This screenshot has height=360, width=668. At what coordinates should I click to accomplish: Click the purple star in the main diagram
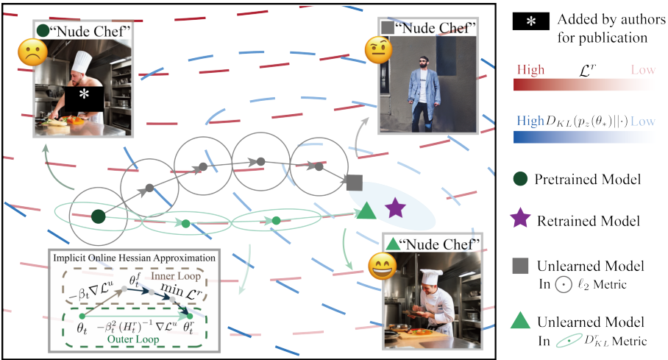click(395, 208)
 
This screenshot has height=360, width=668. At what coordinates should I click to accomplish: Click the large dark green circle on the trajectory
click(99, 216)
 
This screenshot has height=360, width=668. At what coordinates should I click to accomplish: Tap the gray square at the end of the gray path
click(355, 183)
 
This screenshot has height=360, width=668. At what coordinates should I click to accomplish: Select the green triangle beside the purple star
click(366, 211)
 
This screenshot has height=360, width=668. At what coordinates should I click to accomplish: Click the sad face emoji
click(33, 52)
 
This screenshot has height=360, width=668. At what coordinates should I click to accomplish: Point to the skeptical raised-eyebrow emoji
click(378, 50)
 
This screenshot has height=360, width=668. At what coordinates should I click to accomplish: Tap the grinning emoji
click(383, 267)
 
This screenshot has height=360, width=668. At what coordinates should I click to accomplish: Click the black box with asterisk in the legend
click(531, 21)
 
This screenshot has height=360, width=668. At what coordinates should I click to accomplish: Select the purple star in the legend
click(521, 219)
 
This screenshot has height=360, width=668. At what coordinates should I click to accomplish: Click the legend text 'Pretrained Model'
click(588, 179)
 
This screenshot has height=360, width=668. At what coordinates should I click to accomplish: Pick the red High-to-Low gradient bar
click(584, 85)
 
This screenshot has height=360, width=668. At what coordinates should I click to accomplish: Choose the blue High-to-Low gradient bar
click(584, 136)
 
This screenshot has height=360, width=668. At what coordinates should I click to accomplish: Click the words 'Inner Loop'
click(176, 276)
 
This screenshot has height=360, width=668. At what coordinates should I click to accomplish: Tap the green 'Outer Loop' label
click(133, 339)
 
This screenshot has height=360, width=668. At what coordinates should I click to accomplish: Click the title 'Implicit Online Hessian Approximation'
click(134, 258)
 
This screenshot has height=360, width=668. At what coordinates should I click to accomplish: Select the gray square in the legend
click(521, 265)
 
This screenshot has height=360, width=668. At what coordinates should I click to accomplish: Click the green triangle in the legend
click(521, 320)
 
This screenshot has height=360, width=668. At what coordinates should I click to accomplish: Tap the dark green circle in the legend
click(521, 179)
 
